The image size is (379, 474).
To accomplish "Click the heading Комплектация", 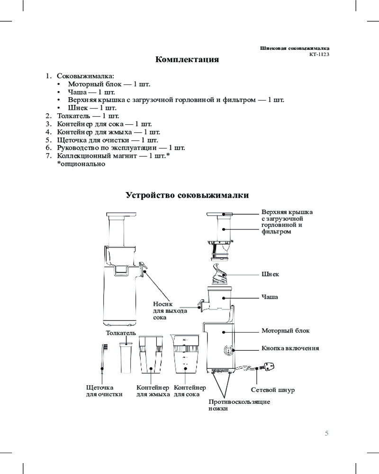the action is [x=187, y=59].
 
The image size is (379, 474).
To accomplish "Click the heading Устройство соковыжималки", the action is [x=187, y=195].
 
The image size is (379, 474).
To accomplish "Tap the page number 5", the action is [x=327, y=433].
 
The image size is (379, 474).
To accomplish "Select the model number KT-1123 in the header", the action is [x=319, y=55].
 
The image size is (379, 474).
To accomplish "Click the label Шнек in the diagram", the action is [x=270, y=274].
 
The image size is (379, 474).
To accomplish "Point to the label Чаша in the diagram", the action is [x=270, y=297].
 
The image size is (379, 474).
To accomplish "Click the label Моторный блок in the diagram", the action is [x=286, y=330].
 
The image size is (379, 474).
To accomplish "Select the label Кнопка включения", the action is [x=290, y=348].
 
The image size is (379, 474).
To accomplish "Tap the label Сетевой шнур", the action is [x=272, y=390].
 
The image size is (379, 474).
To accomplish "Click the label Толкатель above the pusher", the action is [x=121, y=333].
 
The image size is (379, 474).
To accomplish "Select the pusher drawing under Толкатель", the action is [x=126, y=358].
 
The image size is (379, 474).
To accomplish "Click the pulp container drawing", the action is [x=151, y=354].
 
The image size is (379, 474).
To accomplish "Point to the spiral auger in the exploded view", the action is [x=220, y=274].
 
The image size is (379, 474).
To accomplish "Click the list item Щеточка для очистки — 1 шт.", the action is [x=107, y=140].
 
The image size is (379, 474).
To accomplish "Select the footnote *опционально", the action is [x=81, y=164].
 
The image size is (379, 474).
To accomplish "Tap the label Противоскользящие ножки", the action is [x=239, y=405].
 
